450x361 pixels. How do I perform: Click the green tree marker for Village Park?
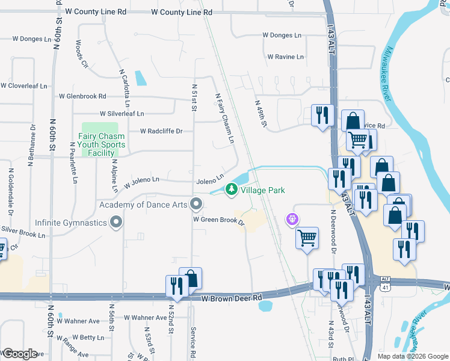(x=231, y=190)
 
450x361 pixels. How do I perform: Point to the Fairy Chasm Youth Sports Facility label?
(x=102, y=144)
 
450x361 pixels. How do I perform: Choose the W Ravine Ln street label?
(x=285, y=57)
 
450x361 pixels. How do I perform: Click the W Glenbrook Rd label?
(x=82, y=96)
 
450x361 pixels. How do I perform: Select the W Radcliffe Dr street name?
(x=161, y=131)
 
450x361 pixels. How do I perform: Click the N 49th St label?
(x=260, y=114)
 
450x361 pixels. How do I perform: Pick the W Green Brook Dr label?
(x=218, y=221)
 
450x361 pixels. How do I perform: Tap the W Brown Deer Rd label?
(x=232, y=298)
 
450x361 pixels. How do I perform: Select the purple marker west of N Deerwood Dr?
(x=293, y=219)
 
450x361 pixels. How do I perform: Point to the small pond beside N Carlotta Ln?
(x=141, y=78)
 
